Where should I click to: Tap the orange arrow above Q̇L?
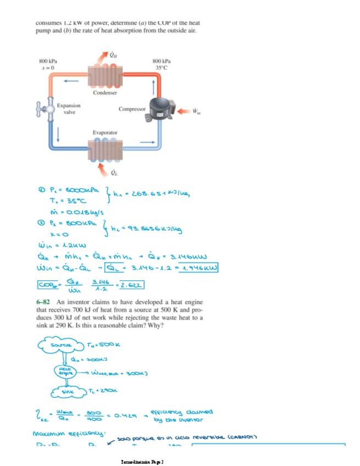(x=102, y=166)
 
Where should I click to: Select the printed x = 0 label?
(x=48, y=67)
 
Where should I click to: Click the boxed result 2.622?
(x=132, y=285)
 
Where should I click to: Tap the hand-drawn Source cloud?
(x=59, y=345)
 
